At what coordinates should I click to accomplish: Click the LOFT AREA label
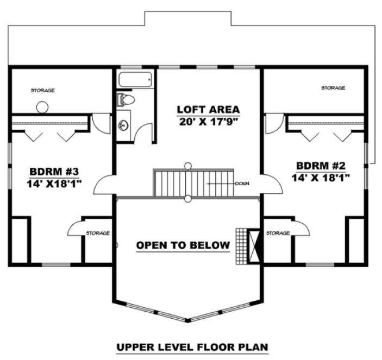208,109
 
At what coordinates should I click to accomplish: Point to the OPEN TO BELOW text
183,245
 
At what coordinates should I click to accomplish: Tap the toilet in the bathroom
125,99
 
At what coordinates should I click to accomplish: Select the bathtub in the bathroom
135,80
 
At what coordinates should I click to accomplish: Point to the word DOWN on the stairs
242,184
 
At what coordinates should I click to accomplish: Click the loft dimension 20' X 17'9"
208,121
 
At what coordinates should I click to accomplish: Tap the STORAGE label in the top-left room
42,90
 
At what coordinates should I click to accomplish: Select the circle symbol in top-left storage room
42,107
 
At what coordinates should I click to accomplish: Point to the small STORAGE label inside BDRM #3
98,233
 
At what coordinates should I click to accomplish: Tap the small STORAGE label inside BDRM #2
277,233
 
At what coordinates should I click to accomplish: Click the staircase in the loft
193,183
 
